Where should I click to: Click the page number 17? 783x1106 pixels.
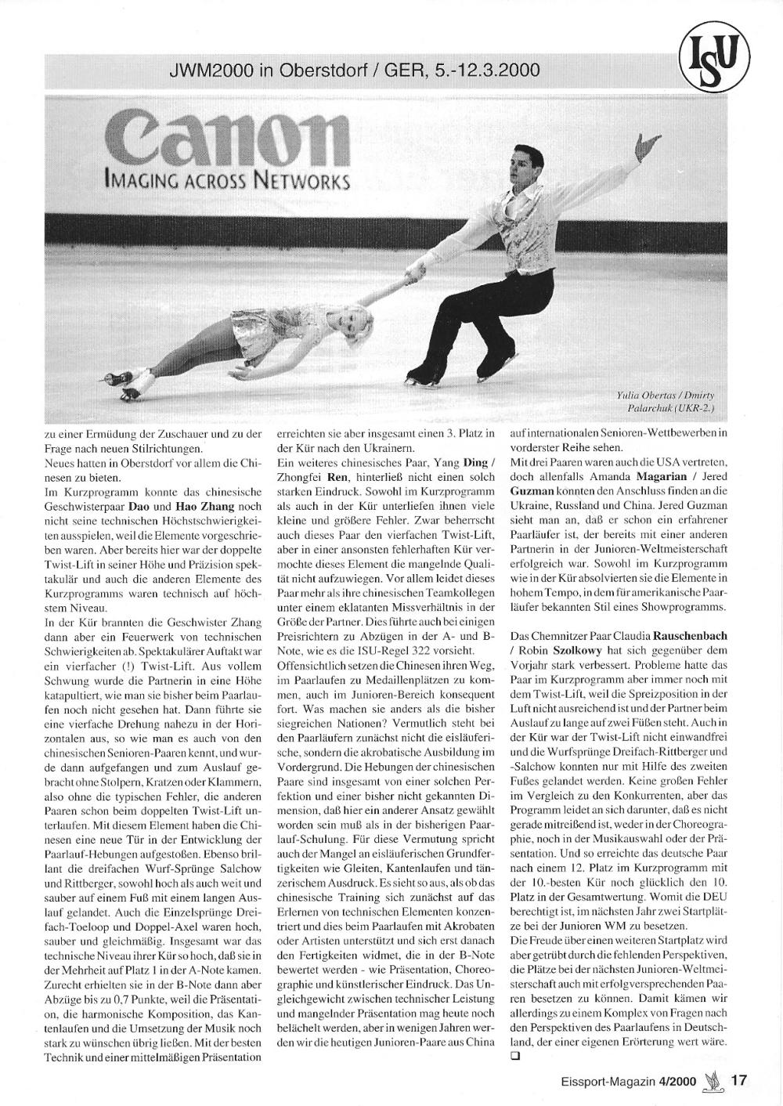[738, 1081]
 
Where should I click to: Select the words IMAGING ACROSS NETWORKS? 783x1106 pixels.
[227, 181]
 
